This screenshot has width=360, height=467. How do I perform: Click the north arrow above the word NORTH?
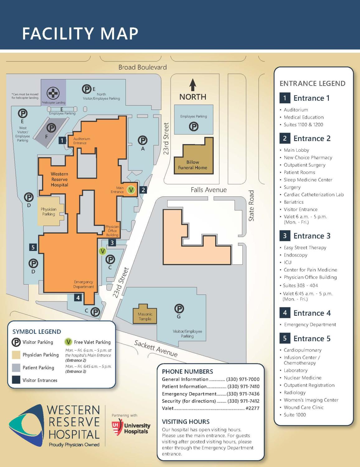point(193,85)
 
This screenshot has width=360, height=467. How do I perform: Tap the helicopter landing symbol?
point(53,93)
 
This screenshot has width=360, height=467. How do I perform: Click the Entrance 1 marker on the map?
point(62,140)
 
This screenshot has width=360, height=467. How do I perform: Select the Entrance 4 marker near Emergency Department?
point(78,298)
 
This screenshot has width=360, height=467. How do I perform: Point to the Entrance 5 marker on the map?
point(33,247)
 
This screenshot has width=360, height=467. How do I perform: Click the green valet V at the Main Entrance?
point(131,190)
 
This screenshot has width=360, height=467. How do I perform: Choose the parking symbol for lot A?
point(143,140)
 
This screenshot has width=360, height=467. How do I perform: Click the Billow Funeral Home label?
point(192,165)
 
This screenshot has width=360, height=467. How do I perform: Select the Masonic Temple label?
point(145,316)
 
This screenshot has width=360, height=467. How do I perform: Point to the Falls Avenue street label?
point(209,190)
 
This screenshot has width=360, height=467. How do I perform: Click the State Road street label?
point(251,206)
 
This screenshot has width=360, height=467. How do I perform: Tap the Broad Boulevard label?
point(142,67)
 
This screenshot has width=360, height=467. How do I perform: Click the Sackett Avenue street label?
point(156,348)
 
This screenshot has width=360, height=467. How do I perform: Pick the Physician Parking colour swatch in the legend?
point(16,355)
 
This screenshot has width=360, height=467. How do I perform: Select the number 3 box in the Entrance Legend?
point(285,236)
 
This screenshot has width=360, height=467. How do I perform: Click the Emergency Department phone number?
point(243,394)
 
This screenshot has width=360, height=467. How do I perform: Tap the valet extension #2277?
point(252,408)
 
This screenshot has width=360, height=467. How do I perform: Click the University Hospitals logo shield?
point(117,427)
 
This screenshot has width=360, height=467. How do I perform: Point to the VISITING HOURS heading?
point(186,422)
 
